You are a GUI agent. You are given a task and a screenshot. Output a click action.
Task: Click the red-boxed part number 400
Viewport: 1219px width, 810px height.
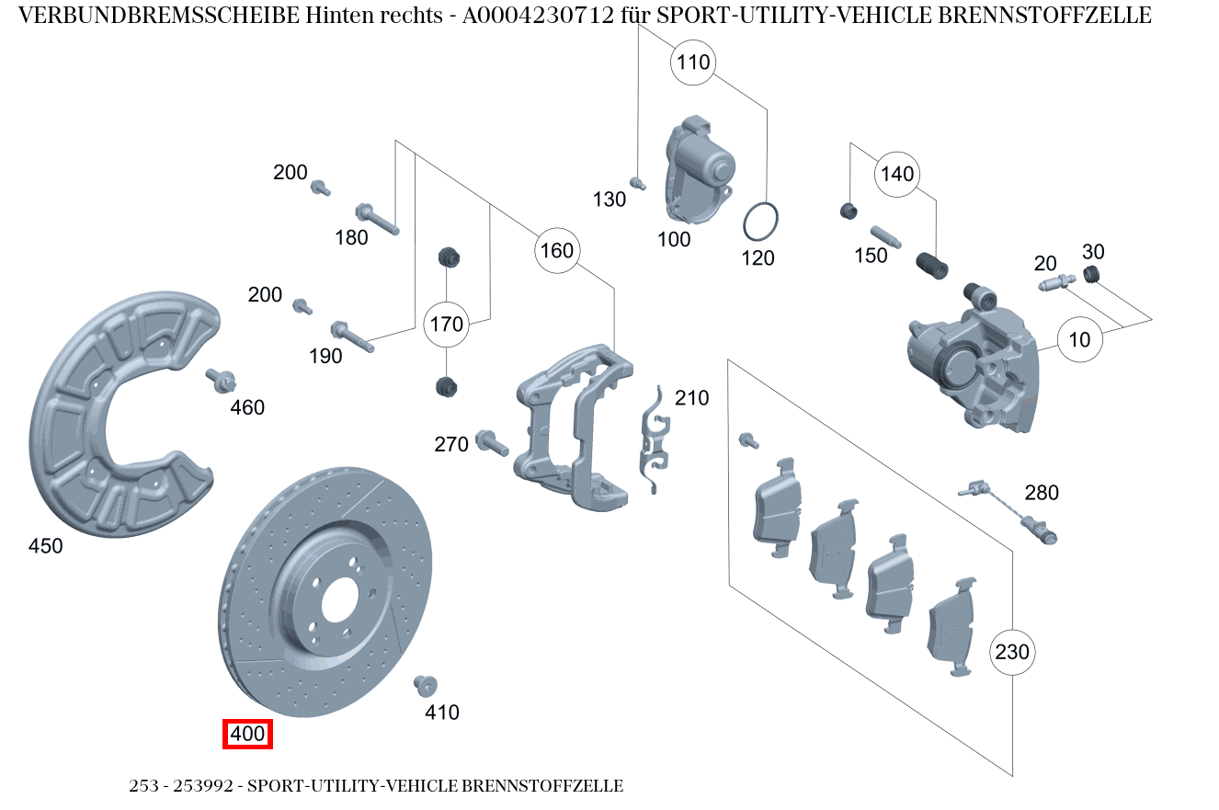coord(248,735)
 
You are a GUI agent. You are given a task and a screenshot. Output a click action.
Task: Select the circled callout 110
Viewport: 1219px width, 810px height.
coord(694,63)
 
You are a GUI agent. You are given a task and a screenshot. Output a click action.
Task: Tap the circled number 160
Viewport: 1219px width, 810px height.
coord(556,250)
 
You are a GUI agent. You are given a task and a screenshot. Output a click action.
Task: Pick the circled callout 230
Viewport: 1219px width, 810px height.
coord(1012,652)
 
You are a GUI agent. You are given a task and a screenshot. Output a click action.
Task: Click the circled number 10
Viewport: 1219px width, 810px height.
coord(1079,339)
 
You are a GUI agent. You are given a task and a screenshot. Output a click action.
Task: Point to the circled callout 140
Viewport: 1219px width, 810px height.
coord(897,174)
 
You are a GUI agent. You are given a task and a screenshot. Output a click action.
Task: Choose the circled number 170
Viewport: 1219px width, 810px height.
coord(447,324)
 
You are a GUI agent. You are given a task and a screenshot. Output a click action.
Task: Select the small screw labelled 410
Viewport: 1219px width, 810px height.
coord(425,685)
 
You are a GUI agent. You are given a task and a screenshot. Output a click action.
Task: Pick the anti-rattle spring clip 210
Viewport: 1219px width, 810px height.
coord(654,441)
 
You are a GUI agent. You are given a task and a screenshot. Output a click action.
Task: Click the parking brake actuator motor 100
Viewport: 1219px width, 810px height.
coord(699,170)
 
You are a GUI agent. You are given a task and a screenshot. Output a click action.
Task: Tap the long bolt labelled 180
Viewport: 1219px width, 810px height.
coord(377,218)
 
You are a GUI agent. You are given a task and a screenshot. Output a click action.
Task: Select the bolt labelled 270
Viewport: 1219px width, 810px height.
coord(493,443)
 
